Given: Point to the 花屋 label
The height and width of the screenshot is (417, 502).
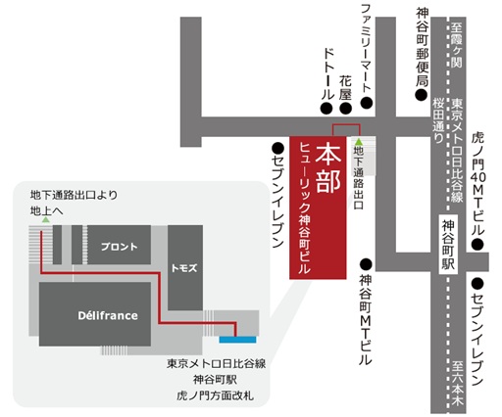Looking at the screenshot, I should point(344,78).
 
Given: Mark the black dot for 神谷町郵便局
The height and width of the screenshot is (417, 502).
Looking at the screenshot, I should point(422,97).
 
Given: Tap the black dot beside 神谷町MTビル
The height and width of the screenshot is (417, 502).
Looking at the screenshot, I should point(365,263).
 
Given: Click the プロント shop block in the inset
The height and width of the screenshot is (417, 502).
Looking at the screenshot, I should point(119,246).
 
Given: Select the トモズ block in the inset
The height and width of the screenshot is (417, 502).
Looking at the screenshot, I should point(185,265).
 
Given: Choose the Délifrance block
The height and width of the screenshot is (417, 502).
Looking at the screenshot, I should point(94,315).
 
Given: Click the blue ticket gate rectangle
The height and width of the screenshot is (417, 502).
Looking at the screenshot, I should point(236,339).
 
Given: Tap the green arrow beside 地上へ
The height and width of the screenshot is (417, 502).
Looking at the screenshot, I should point(44,222).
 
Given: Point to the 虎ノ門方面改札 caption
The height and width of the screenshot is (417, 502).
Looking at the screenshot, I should point(210,395).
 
